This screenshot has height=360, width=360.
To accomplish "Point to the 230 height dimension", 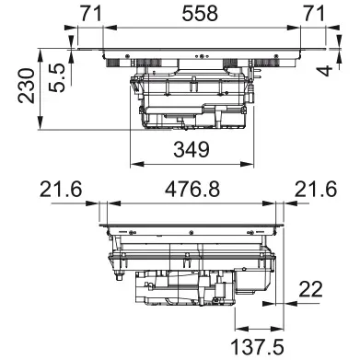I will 16,87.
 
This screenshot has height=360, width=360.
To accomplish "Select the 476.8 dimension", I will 192,190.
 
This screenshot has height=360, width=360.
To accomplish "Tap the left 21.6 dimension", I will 62,190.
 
